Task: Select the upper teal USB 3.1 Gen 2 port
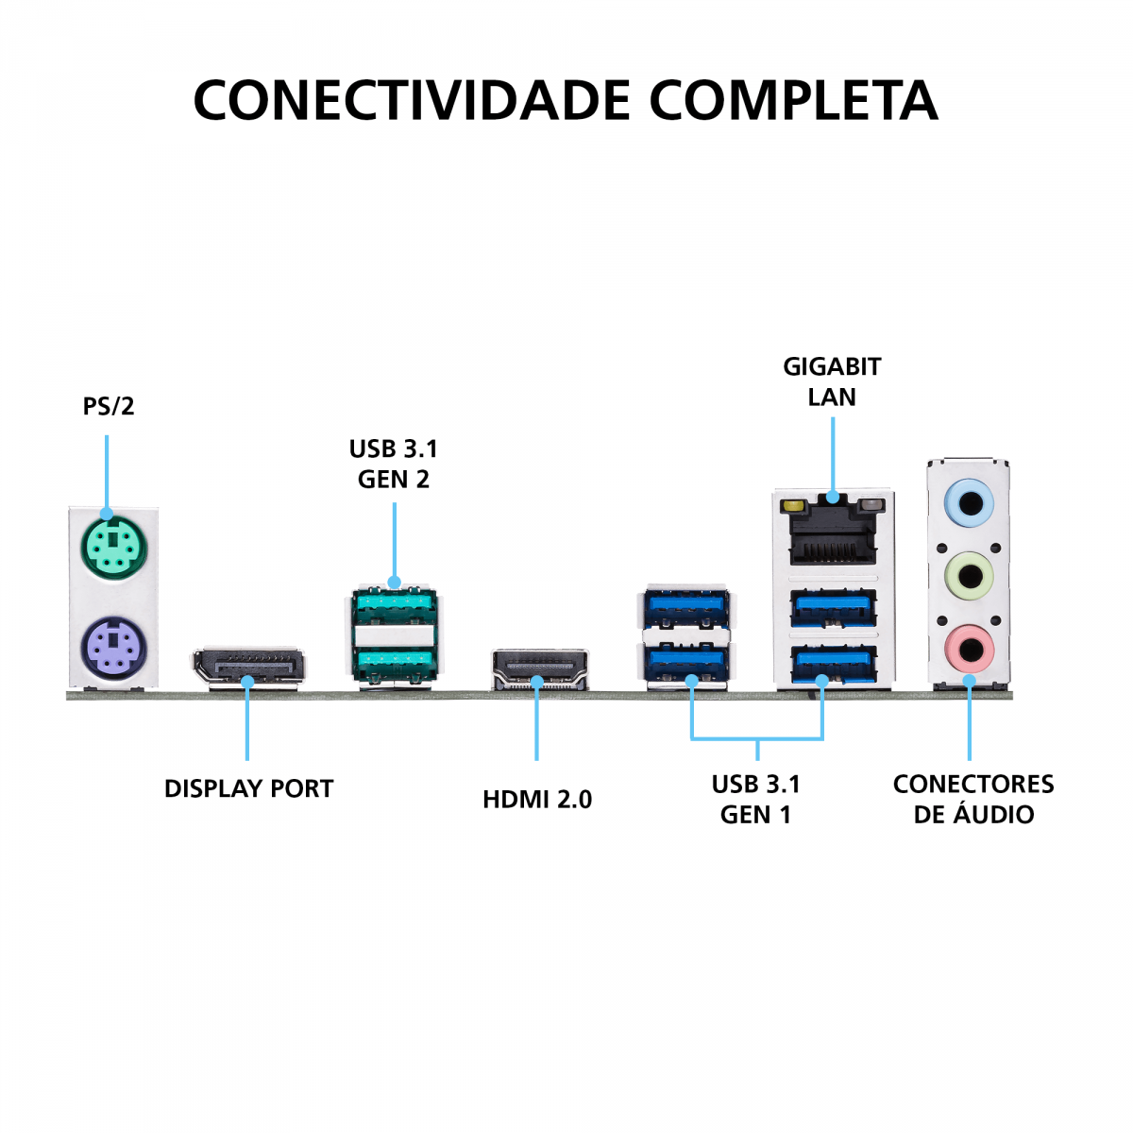coord(394,604)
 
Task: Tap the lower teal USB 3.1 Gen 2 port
coord(394,663)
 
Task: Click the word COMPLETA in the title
coord(793,100)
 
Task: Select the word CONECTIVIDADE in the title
coord(412,100)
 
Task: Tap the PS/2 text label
coord(109,407)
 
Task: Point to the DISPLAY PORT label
coord(249,789)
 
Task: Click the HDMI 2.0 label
coord(537,800)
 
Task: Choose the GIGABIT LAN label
coord(832,381)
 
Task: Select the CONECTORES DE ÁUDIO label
coord(973,799)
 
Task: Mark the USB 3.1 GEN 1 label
coord(755,799)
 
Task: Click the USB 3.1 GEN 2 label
coord(394,464)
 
